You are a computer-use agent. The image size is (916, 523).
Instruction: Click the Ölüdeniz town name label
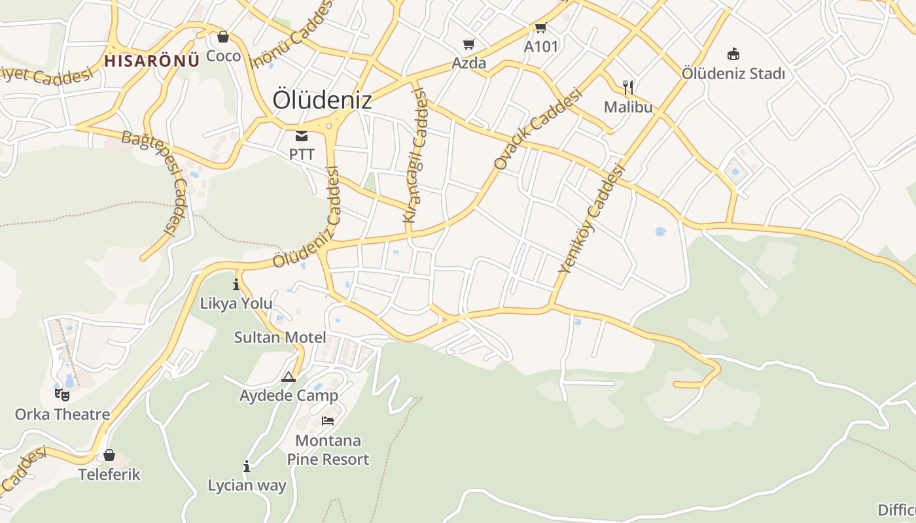point(322,100)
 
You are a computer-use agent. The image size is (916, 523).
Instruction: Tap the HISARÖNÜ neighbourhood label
point(152,61)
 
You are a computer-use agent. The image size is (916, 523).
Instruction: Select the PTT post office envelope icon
point(302,136)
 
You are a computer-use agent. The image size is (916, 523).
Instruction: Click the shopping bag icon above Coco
point(223,37)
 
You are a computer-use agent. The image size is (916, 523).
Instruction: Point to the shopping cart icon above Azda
point(468,44)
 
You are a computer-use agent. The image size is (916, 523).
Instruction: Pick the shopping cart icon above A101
point(540,28)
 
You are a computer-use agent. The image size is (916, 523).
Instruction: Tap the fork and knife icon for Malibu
point(628,88)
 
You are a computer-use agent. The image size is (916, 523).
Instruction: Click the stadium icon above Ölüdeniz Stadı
point(733,54)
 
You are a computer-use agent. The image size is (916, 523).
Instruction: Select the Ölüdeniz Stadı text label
point(733,73)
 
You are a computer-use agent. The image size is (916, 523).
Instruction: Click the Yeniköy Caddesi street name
point(592,219)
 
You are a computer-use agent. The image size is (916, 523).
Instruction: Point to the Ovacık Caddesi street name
point(538,129)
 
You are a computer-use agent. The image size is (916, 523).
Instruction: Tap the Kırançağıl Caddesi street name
point(416,157)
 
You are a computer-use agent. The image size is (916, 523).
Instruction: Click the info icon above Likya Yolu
point(236,285)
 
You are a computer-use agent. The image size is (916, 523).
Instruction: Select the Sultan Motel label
point(280,337)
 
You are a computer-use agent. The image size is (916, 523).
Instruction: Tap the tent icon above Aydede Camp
point(289,377)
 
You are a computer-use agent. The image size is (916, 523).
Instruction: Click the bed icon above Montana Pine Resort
point(328,420)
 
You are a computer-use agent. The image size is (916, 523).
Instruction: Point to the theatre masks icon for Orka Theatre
point(62,394)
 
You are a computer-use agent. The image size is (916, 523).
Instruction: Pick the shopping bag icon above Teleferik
point(109,454)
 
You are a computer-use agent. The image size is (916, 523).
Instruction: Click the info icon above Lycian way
point(247,466)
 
